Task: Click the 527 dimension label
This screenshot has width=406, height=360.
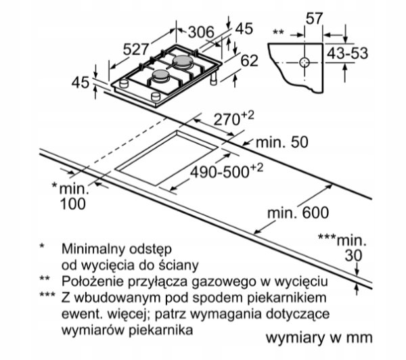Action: pyautogui.click(x=136, y=49)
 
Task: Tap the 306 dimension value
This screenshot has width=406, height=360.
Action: pyautogui.click(x=201, y=32)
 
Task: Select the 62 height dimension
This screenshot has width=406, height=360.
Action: pyautogui.click(x=249, y=61)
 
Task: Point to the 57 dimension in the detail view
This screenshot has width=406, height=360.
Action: pyautogui.click(x=315, y=19)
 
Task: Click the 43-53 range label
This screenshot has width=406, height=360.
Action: pyautogui.click(x=347, y=53)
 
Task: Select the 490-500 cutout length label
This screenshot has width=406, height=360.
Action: pyautogui.click(x=227, y=171)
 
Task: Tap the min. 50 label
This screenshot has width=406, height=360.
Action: pyautogui.click(x=282, y=142)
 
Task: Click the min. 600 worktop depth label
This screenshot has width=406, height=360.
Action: pyautogui.click(x=298, y=213)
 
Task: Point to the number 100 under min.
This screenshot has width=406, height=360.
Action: pyautogui.click(x=73, y=204)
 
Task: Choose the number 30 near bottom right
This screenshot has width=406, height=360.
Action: pyautogui.click(x=353, y=256)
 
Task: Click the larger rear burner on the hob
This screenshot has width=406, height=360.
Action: pyautogui.click(x=183, y=62)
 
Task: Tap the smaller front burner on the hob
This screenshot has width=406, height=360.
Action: pyautogui.click(x=160, y=76)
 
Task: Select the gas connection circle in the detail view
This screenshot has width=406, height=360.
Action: pyautogui.click(x=304, y=62)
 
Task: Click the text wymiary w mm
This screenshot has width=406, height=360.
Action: pyautogui.click(x=319, y=338)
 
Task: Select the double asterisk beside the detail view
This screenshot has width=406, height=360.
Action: pyautogui.click(x=279, y=32)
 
